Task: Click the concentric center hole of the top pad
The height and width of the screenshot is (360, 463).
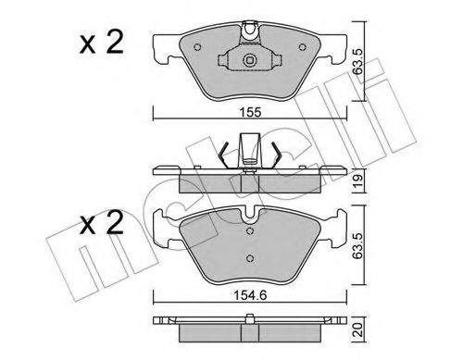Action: [248, 63]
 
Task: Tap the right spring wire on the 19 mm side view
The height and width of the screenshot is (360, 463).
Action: [272, 154]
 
